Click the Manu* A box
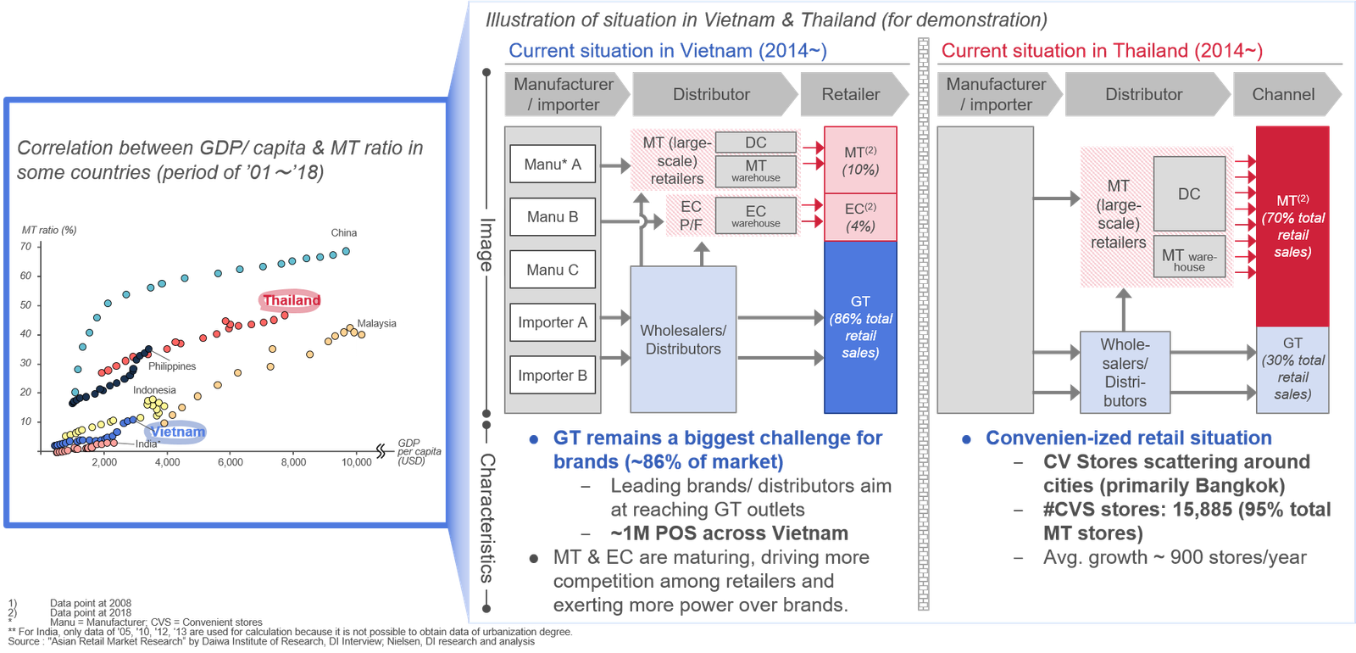(553, 165)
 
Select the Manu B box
(553, 217)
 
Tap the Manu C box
(553, 270)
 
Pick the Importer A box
(553, 322)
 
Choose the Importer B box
(553, 376)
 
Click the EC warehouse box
(756, 215)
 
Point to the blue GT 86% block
(860, 326)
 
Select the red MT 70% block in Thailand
(1292, 226)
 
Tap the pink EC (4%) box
(860, 217)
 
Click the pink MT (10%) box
(860, 160)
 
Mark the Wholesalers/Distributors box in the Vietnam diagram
(683, 339)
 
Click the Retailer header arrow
(852, 94)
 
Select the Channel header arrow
(1284, 94)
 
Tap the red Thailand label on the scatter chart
(290, 301)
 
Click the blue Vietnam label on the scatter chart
(176, 432)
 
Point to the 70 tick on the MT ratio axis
(26, 247)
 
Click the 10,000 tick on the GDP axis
(357, 462)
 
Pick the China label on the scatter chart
(344, 232)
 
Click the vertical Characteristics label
(487, 517)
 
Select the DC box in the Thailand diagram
(1189, 194)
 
